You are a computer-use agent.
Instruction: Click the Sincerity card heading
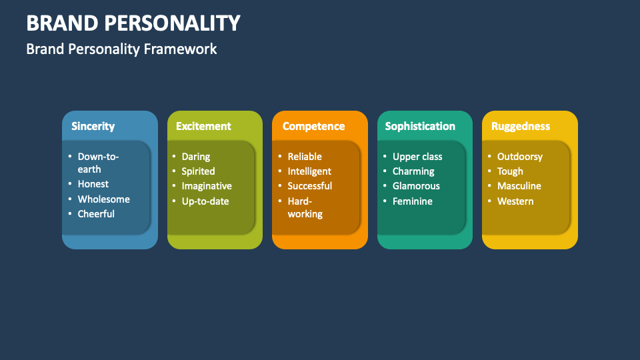[93, 126]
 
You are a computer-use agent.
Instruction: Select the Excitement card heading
[203, 126]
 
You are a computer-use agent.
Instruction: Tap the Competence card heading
[313, 126]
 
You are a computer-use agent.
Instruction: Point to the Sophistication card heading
[420, 126]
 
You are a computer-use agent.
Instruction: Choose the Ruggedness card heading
[521, 126]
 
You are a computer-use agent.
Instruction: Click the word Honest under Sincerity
[93, 184]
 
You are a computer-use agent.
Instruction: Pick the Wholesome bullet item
[103, 199]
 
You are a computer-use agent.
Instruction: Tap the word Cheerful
[96, 214]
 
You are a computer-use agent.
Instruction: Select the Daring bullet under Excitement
[196, 157]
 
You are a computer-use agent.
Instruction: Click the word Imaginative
[207, 186]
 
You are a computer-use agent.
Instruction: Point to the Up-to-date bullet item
[205, 201]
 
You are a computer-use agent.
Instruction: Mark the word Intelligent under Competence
[309, 171]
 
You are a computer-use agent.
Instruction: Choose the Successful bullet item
[310, 186]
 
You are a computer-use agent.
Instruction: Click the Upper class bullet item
[417, 157]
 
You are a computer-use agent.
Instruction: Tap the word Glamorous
[416, 186]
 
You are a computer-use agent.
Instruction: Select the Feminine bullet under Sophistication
[413, 201]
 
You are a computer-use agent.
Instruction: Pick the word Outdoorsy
[520, 157]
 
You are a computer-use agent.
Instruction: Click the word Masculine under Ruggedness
[519, 186]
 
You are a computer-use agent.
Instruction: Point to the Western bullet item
[515, 201]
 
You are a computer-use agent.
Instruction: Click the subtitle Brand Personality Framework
[121, 49]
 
